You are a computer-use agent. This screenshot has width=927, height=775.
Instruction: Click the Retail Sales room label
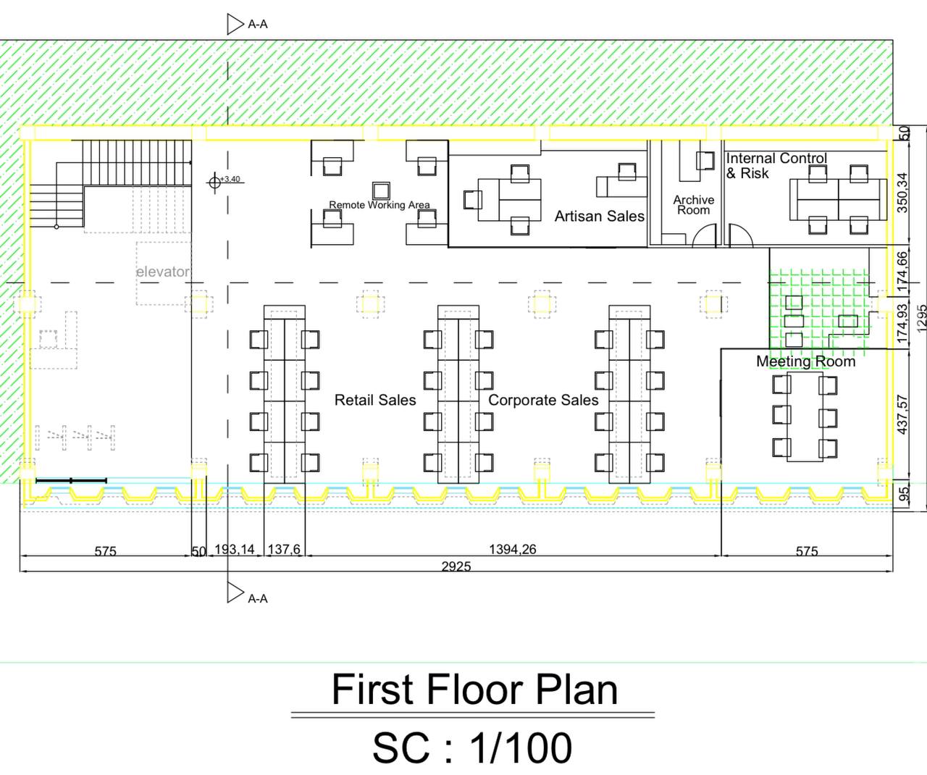pyautogui.click(x=375, y=400)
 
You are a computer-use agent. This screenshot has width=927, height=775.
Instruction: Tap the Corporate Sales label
pyautogui.click(x=543, y=400)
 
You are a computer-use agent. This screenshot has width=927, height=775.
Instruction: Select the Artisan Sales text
pyautogui.click(x=600, y=217)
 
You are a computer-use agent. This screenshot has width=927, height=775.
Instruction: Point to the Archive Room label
pyautogui.click(x=694, y=205)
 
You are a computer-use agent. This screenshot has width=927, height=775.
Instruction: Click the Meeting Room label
pyautogui.click(x=806, y=361)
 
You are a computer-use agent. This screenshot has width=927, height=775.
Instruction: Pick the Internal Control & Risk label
pyautogui.click(x=776, y=166)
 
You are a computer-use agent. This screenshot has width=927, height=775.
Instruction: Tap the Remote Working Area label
pyautogui.click(x=379, y=205)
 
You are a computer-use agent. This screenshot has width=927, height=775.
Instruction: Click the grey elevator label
pyautogui.click(x=162, y=272)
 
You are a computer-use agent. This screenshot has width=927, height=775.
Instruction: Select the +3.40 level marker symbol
pyautogui.click(x=214, y=182)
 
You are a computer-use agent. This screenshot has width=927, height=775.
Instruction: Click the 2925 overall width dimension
pyautogui.click(x=456, y=566)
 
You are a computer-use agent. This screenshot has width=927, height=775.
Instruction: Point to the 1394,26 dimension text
pyautogui.click(x=512, y=550)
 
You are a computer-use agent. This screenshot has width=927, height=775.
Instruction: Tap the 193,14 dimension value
pyautogui.click(x=235, y=550)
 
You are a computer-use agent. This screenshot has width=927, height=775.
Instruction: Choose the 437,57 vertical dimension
pyautogui.click(x=902, y=415)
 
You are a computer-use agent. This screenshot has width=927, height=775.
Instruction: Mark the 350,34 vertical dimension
pyautogui.click(x=902, y=193)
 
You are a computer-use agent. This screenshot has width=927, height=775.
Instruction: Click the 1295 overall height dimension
pyautogui.click(x=921, y=317)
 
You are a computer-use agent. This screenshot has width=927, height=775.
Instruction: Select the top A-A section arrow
pyautogui.click(x=235, y=24)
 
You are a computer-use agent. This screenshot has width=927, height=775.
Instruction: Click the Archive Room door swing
pyautogui.click(x=705, y=235)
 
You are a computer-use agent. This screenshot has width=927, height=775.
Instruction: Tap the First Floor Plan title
pyautogui.click(x=474, y=690)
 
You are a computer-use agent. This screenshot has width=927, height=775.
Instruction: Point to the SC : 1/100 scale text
pyautogui.click(x=472, y=748)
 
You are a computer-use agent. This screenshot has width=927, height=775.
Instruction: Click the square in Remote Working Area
pyautogui.click(x=381, y=191)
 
